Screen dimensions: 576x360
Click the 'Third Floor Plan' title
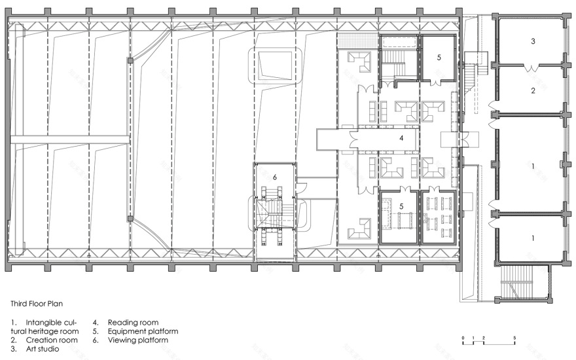(37, 304)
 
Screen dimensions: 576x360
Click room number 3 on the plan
(533, 41)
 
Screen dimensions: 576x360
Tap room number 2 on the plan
(533, 90)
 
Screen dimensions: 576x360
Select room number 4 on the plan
(401, 138)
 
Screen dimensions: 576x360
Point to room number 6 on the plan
(275, 177)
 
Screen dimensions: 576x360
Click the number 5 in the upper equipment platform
(439, 58)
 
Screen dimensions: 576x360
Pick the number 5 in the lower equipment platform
(401, 206)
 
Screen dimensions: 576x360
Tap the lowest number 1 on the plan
(533, 238)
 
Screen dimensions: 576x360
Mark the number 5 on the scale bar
(514, 338)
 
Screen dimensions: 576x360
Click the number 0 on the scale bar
(463, 338)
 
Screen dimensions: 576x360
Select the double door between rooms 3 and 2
(530, 68)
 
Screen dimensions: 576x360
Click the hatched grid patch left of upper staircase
(357, 41)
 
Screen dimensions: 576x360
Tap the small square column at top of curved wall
(130, 60)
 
